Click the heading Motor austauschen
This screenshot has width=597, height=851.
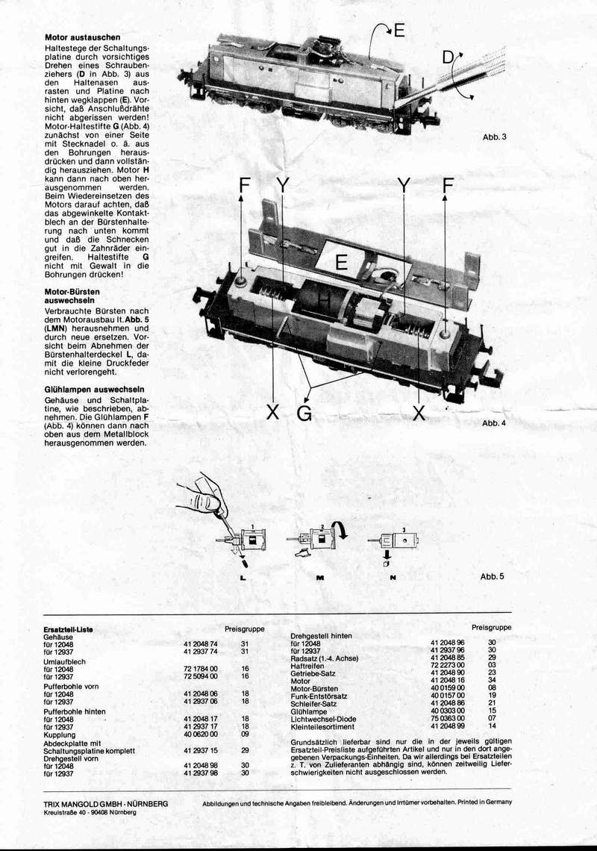tap(83, 37)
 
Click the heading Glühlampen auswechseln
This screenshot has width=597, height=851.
tap(95, 390)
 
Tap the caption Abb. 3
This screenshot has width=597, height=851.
tap(494, 137)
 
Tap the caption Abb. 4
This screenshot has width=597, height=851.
tap(494, 423)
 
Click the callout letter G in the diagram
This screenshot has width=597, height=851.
tap(304, 413)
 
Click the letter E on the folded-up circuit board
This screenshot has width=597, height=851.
tap(342, 263)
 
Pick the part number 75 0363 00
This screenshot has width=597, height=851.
tap(448, 717)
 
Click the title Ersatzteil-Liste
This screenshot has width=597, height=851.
tap(69, 629)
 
